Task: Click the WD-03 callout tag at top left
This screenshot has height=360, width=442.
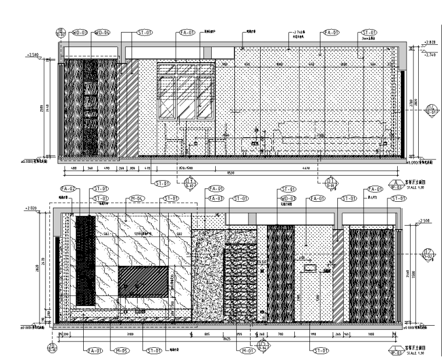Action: tap(80, 33)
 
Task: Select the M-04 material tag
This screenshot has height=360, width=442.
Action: tap(137, 198)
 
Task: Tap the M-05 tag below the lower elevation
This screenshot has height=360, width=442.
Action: tap(121, 351)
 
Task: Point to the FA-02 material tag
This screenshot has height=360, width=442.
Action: tap(68, 188)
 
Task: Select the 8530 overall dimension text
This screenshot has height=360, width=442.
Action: tap(230, 173)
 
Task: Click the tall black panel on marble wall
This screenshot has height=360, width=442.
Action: tap(85, 261)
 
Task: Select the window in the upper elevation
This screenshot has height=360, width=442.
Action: tap(186, 93)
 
